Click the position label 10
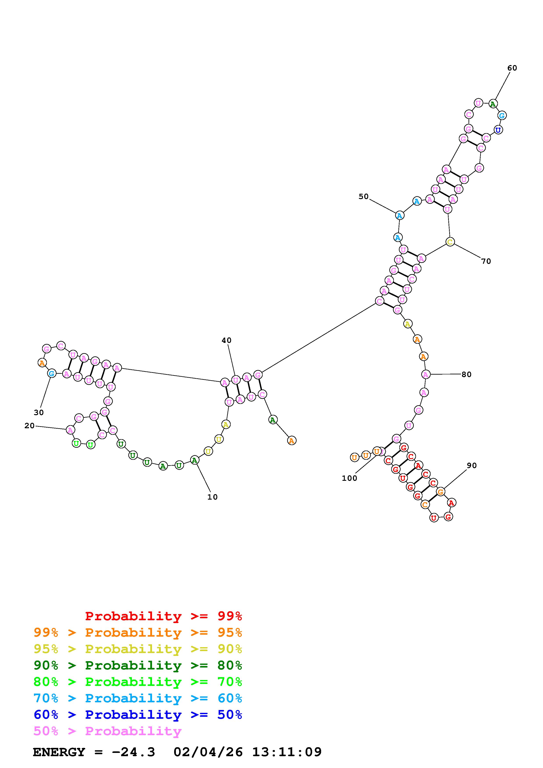pos(212,497)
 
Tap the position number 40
pos(226,340)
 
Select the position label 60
pos(512,68)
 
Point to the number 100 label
pos(349,478)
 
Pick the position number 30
pos(39,412)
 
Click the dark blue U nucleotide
pos(498,130)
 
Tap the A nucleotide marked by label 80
pos(426,375)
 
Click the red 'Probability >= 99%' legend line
pos(164,616)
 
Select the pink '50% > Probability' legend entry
pos(108,731)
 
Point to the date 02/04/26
pos(208,752)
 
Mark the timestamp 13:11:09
pos(287,752)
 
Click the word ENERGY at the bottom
pos(59,752)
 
